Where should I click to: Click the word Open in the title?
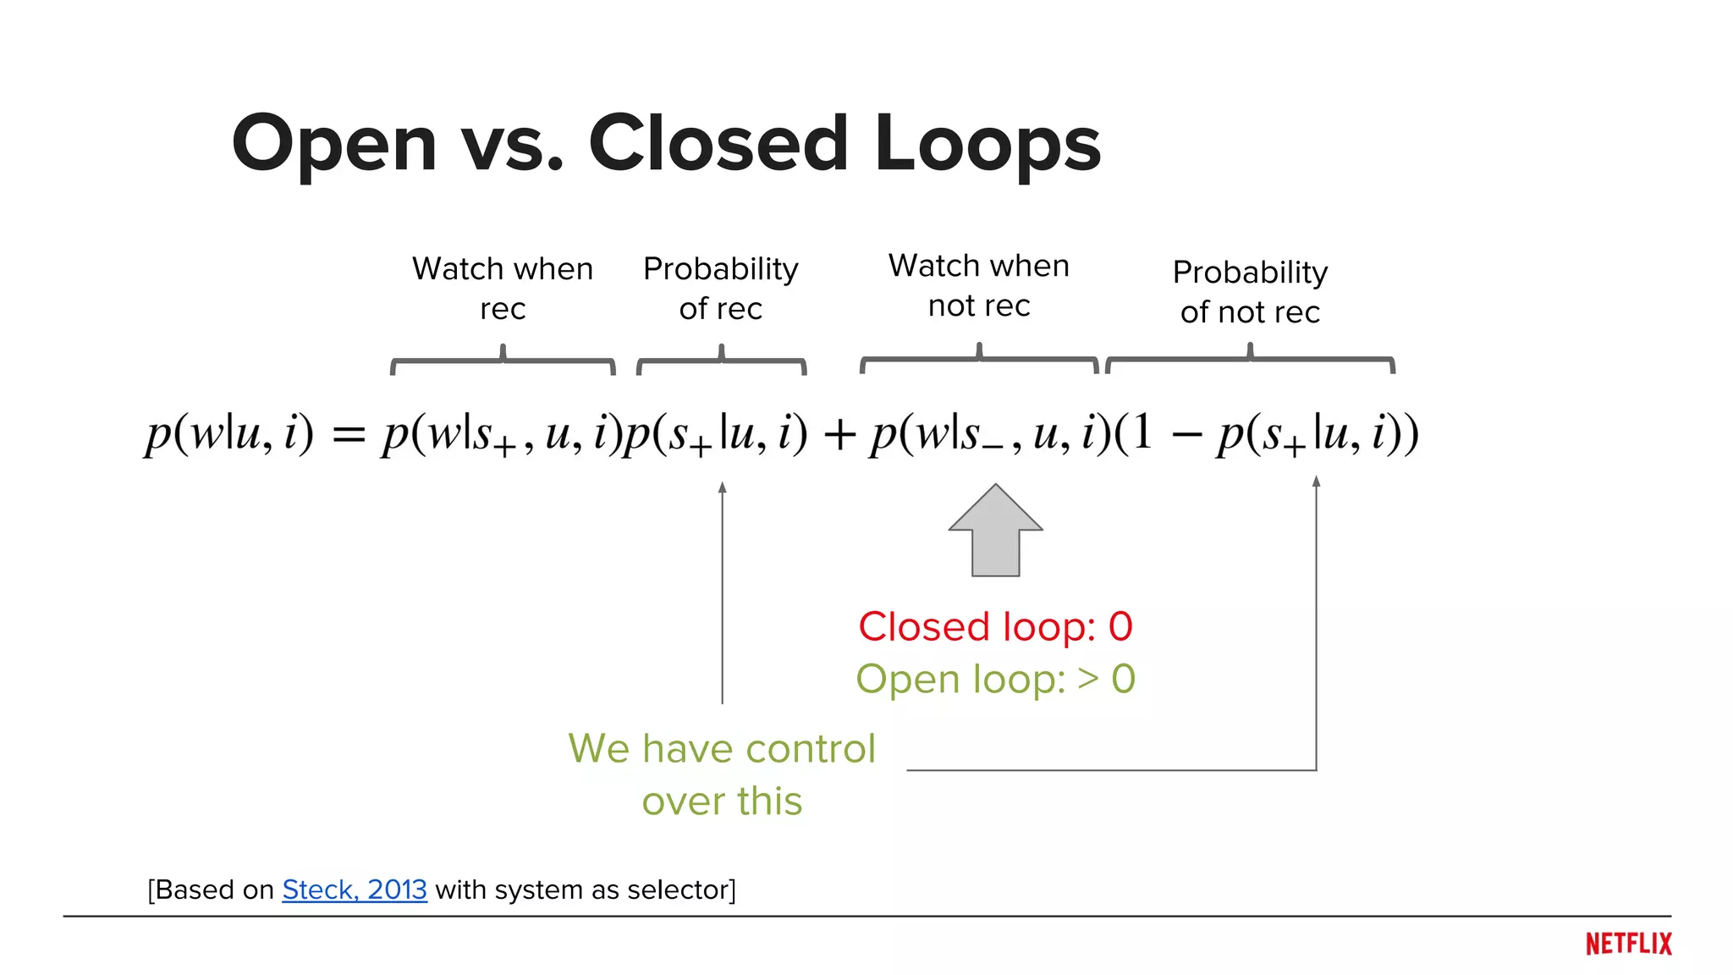tap(334, 144)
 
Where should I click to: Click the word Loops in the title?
tap(988, 144)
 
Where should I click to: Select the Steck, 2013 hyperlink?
tap(355, 890)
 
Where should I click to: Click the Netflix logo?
tap(1628, 944)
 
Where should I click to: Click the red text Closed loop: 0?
tap(995, 627)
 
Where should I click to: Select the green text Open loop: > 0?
tap(995, 679)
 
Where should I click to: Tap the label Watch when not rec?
tap(979, 285)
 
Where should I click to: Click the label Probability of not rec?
tap(1250, 292)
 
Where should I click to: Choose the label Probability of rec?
tap(721, 289)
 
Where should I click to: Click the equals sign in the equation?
tap(349, 436)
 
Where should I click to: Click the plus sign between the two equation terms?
tap(839, 436)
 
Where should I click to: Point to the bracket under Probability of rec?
tap(722, 361)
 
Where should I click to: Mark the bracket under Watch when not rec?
tap(979, 360)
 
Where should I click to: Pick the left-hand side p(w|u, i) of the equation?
tap(228, 434)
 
